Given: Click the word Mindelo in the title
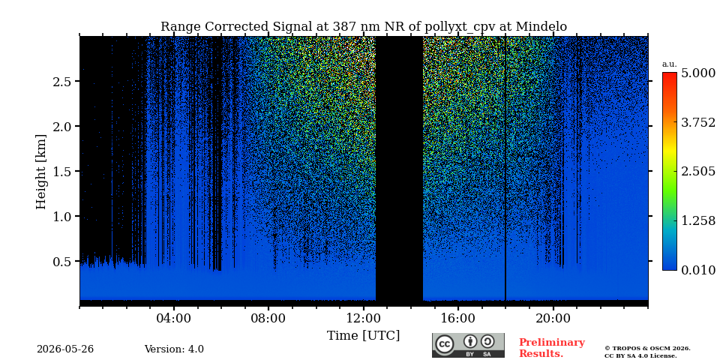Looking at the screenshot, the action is [x=541, y=27].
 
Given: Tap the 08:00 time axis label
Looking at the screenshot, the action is [x=268, y=318].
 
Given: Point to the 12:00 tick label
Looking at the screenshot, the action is [x=364, y=318].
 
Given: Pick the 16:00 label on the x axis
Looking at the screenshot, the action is [x=458, y=318].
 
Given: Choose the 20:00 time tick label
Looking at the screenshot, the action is [x=553, y=318].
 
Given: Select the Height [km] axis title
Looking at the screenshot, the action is [x=41, y=172].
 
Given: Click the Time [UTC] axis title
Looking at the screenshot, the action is [x=363, y=336].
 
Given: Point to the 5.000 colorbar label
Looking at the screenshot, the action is [x=698, y=73].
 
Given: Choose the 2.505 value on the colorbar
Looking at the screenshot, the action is [x=698, y=171].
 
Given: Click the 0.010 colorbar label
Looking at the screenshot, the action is [x=698, y=270].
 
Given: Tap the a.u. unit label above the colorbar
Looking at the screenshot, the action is [x=670, y=64].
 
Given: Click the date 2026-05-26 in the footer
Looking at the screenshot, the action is [x=65, y=349].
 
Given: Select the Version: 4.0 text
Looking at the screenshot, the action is [x=174, y=349].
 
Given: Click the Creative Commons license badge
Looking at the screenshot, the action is [x=468, y=345].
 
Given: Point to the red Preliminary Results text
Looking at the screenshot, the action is [x=552, y=348].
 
